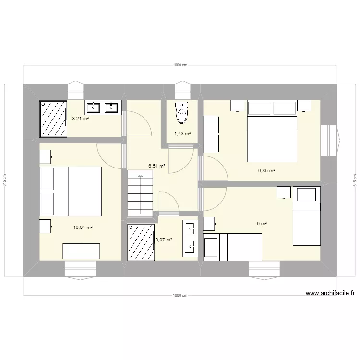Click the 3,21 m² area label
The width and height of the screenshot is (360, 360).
[80, 118]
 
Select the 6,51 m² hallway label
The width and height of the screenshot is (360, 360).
[157, 166]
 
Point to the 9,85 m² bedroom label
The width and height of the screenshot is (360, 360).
[266, 170]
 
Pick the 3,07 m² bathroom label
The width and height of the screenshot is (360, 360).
[163, 240]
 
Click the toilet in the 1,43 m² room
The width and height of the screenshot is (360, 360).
[181, 113]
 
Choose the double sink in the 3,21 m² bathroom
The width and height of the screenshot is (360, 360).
[103, 107]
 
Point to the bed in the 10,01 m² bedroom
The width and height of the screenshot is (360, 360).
[71, 192]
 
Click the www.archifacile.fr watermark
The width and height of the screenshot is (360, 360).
[330, 294]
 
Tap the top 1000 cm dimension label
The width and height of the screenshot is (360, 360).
[180, 65]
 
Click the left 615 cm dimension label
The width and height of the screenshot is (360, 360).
[5, 180]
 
